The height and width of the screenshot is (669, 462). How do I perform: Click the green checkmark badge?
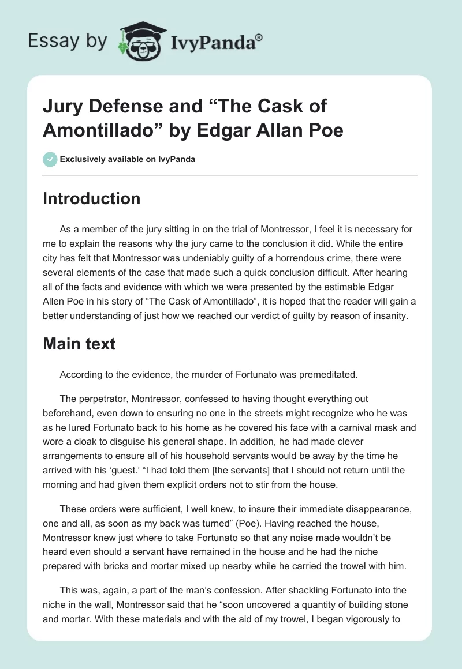50,159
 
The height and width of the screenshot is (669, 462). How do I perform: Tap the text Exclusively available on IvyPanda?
127,159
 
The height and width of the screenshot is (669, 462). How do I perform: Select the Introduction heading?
91,198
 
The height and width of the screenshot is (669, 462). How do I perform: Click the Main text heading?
79,344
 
